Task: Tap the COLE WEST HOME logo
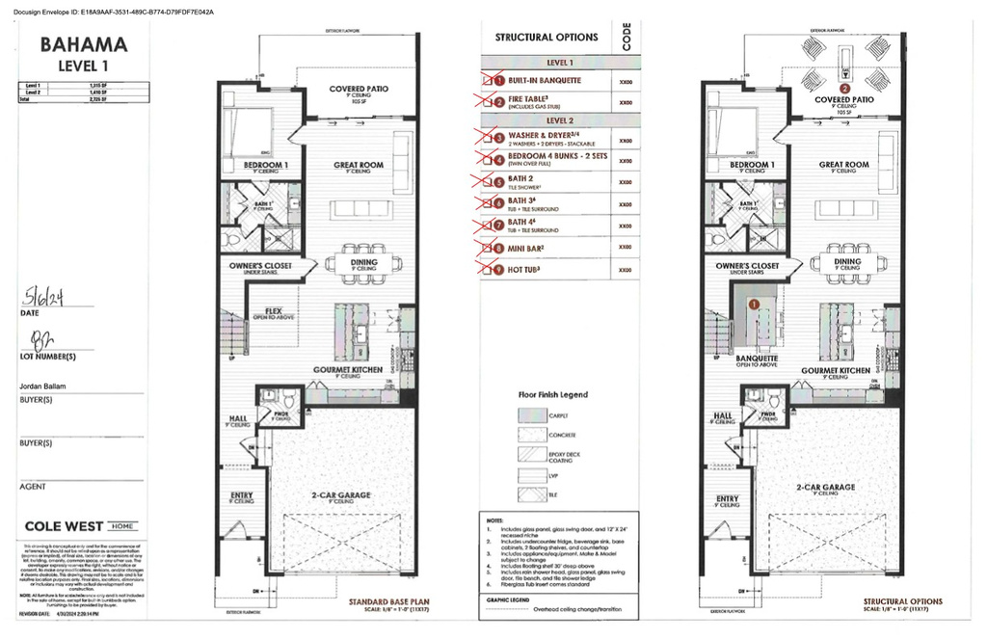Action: pyautogui.click(x=80, y=526)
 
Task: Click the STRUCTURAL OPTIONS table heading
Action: pyautogui.click(x=547, y=38)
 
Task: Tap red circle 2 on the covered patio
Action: pyautogui.click(x=845, y=87)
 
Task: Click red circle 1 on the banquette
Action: pyautogui.click(x=755, y=302)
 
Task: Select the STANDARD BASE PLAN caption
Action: pyautogui.click(x=388, y=604)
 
